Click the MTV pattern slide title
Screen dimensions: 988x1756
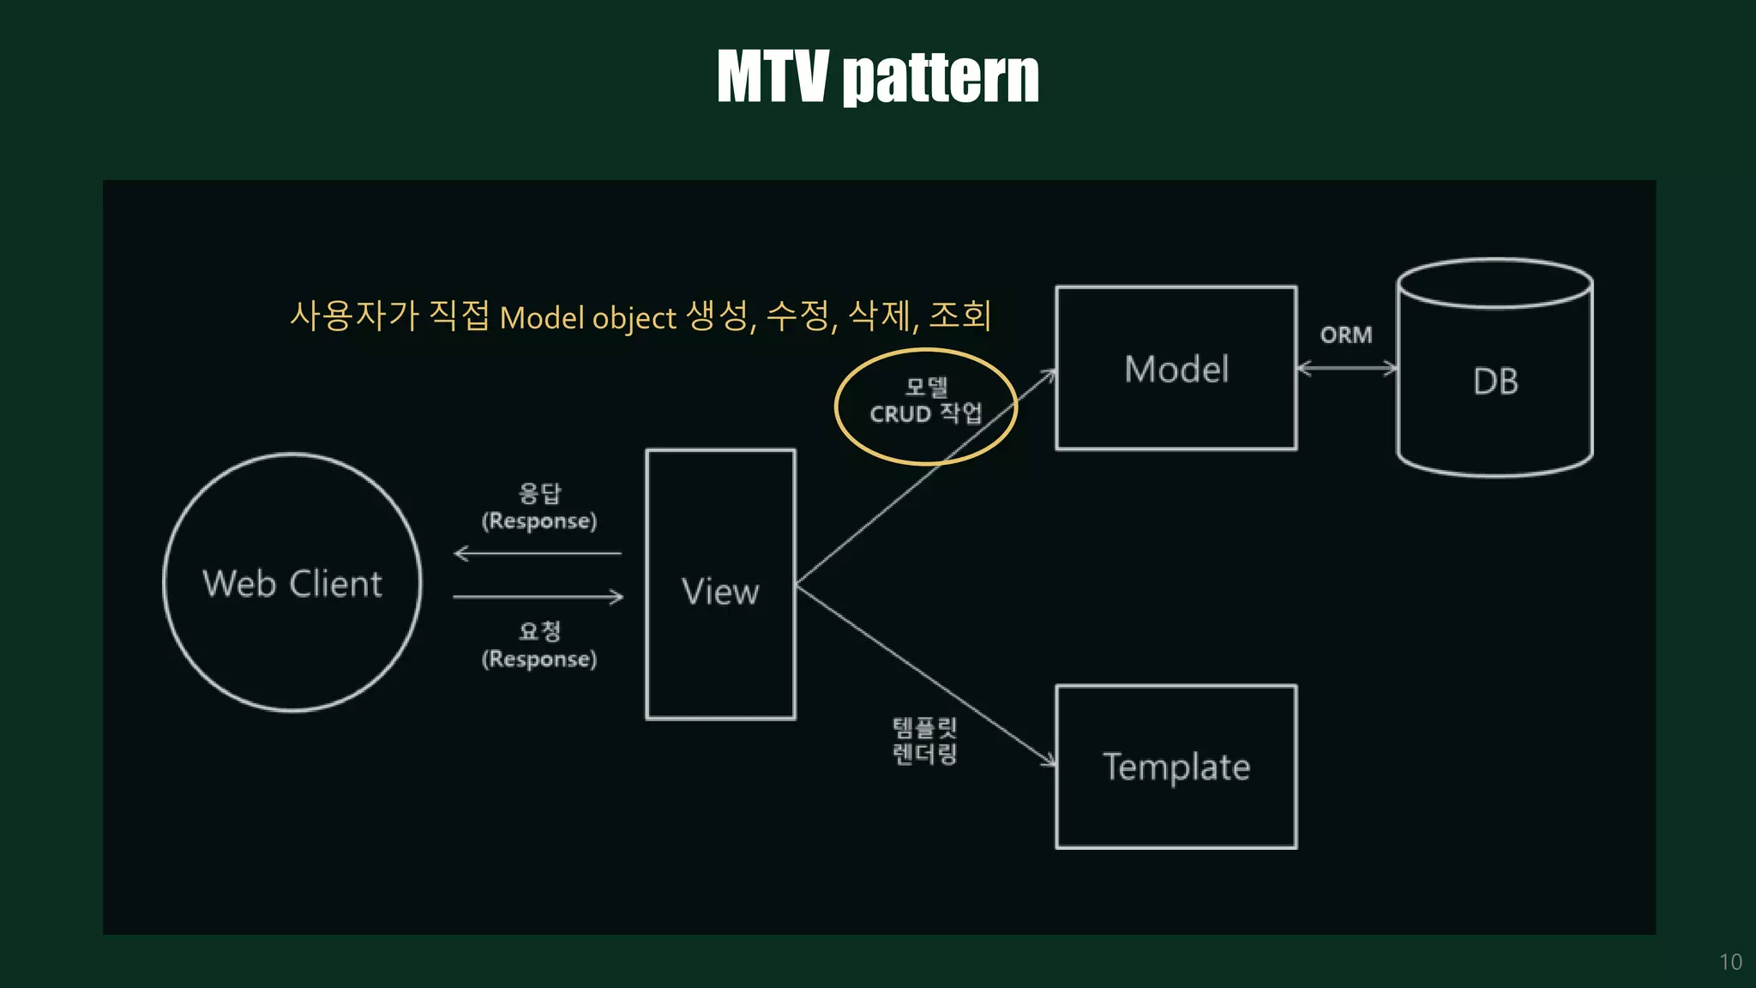[877, 76]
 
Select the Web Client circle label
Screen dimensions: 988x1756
[292, 584]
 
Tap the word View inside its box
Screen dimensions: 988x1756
[720, 592]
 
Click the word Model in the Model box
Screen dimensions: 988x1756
[1176, 370]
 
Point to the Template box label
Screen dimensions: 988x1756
[1176, 767]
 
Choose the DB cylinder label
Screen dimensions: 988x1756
[1495, 382]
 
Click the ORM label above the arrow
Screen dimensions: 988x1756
[1346, 335]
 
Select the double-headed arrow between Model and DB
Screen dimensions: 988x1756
[1347, 369]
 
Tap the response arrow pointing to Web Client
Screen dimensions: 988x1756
[538, 554]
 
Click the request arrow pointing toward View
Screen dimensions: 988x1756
[538, 597]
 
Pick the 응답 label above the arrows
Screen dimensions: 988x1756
[539, 493]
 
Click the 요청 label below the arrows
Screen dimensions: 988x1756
[539, 631]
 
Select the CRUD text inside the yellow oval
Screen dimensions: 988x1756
[900, 414]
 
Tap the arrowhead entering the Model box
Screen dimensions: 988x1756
[1049, 374]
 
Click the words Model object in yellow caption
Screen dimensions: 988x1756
[588, 318]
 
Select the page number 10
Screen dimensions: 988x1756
[1730, 962]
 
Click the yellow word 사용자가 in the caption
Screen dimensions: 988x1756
[354, 316]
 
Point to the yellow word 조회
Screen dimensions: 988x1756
[960, 316]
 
